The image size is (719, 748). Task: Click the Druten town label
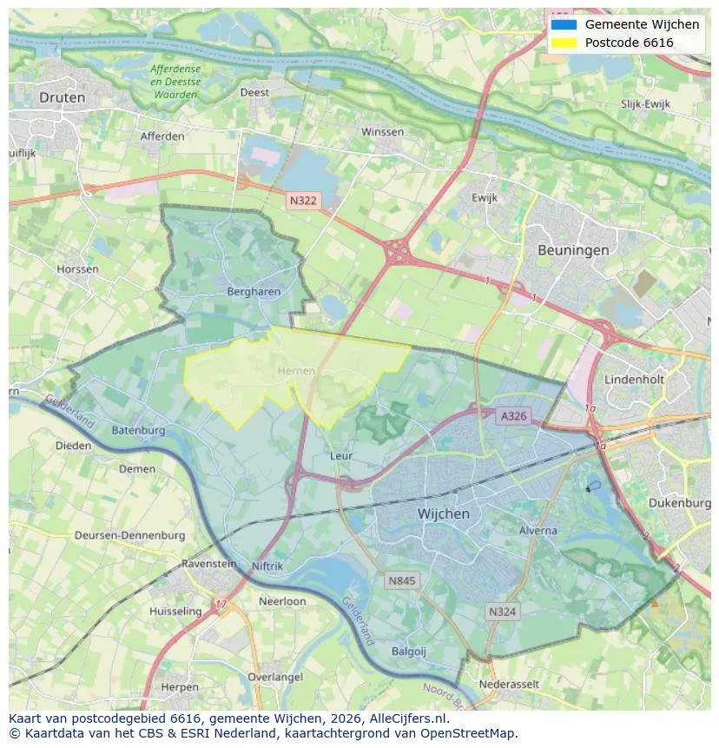(x=62, y=97)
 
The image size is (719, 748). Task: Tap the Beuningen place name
(x=572, y=250)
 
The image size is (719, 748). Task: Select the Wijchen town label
(x=443, y=513)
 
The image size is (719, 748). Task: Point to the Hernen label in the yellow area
(x=296, y=371)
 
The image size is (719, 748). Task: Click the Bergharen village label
(x=254, y=292)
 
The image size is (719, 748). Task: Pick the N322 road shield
(x=303, y=201)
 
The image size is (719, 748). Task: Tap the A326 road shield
(x=513, y=417)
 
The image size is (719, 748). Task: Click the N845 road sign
(x=402, y=580)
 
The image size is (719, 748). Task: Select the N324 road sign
(x=502, y=612)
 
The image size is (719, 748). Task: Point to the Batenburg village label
(x=138, y=430)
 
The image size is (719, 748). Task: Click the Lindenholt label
(x=634, y=381)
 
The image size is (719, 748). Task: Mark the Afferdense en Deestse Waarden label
(x=175, y=81)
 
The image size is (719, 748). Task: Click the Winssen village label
(x=382, y=132)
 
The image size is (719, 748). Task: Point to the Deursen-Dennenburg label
(x=129, y=535)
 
